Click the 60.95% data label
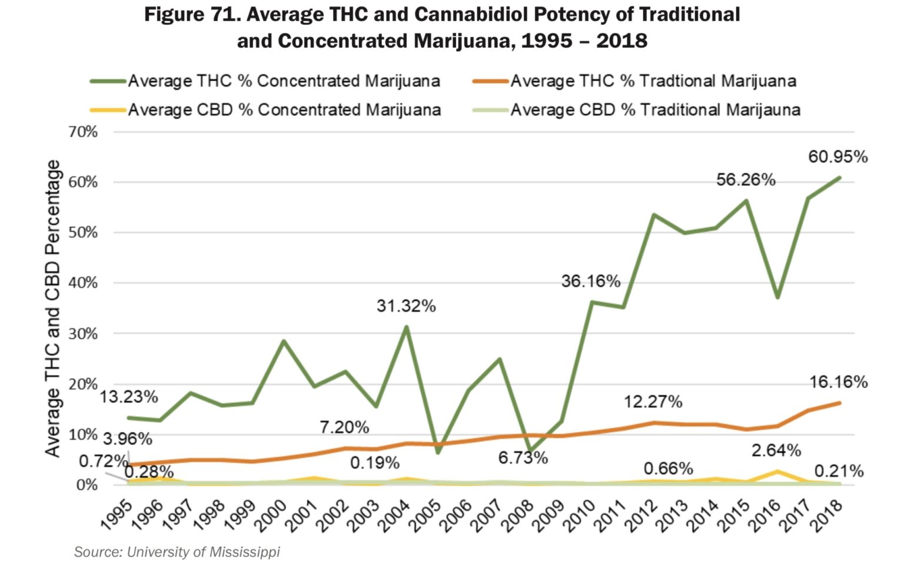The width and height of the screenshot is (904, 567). pyautogui.click(x=837, y=157)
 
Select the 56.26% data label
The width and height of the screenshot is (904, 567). pyautogui.click(x=746, y=180)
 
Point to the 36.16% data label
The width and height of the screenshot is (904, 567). pyautogui.click(x=590, y=281)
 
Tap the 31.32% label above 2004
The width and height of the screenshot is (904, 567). pyautogui.click(x=406, y=306)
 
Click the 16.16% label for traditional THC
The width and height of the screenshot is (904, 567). pyautogui.click(x=838, y=382)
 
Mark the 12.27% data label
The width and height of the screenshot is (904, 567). pyautogui.click(x=653, y=402)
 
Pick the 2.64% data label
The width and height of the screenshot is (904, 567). pyautogui.click(x=776, y=450)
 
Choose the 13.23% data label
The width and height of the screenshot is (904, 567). pyautogui.click(x=128, y=397)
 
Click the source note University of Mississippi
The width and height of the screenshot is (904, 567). pyautogui.click(x=177, y=552)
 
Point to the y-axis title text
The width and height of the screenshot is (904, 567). pyautogui.click(x=53, y=308)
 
